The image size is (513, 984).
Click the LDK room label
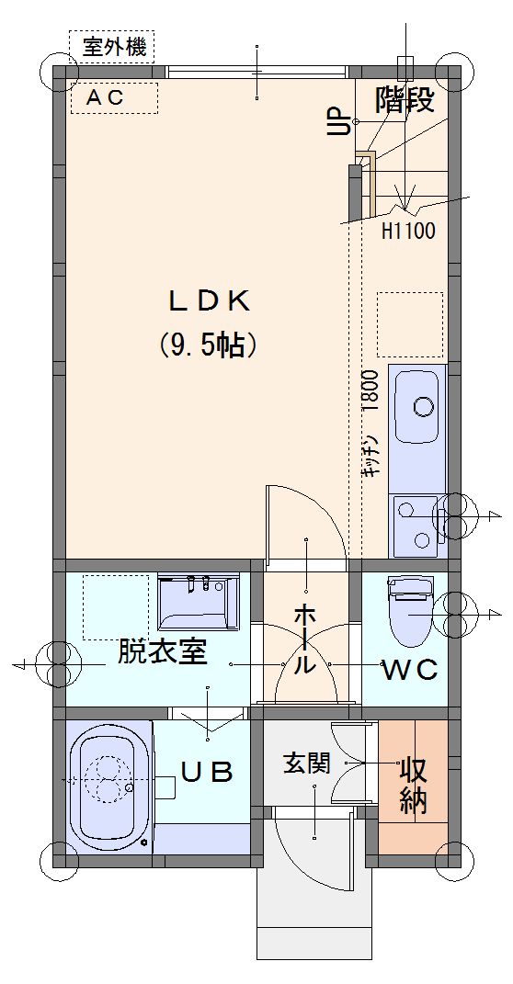pyautogui.click(x=208, y=302)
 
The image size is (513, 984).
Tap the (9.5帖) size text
pyautogui.click(x=208, y=345)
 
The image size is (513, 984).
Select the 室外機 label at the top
pyautogui.click(x=114, y=48)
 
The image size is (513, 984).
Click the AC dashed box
pyautogui.click(x=114, y=98)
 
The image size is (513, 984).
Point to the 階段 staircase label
pyautogui.click(x=405, y=100)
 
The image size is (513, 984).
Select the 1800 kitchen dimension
pyautogui.click(x=370, y=390)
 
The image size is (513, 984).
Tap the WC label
pyautogui.click(x=411, y=670)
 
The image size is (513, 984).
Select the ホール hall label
pyautogui.click(x=305, y=639)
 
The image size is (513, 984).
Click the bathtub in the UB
pyautogui.click(x=110, y=786)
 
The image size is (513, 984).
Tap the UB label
pyautogui.click(x=208, y=772)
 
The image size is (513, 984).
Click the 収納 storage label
pyautogui.click(x=414, y=785)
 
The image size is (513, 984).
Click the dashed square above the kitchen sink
pyautogui.click(x=410, y=323)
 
